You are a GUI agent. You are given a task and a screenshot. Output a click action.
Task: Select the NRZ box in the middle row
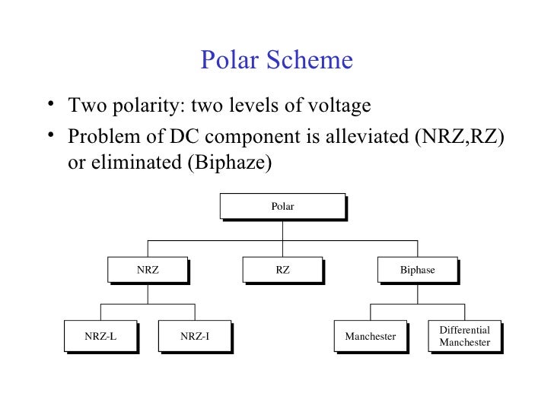point(148,270)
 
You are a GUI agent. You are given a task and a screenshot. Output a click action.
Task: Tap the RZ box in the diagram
point(282,270)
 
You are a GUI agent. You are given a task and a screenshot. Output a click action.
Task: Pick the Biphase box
point(417,270)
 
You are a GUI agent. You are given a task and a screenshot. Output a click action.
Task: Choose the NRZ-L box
point(100,335)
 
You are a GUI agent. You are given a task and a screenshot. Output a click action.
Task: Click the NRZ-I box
point(195,335)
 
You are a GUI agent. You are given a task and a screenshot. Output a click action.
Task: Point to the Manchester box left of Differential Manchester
point(370,335)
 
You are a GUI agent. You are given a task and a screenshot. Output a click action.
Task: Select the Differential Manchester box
point(465,336)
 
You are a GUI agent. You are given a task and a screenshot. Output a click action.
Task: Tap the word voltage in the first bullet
point(339,103)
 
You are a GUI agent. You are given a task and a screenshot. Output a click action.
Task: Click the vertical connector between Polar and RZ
point(282,239)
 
